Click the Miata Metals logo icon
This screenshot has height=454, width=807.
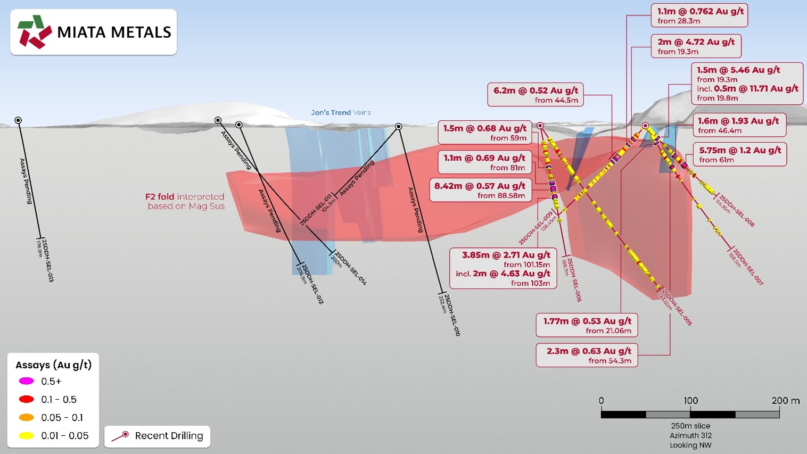tap(35, 32)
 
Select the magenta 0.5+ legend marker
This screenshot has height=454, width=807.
tap(27, 381)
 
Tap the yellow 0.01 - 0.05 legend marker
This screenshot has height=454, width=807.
tap(27, 435)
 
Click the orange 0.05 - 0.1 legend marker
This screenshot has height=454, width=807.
tap(27, 417)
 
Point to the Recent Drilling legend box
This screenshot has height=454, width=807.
tap(158, 436)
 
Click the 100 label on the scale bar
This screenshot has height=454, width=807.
tap(690, 400)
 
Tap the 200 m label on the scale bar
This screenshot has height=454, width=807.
tap(785, 400)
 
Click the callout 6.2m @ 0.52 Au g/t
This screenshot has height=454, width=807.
tap(536, 95)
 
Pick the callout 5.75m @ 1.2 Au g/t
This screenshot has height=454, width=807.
tap(739, 154)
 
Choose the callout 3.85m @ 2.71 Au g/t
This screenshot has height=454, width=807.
tap(503, 269)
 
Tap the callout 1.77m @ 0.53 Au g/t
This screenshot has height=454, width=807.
tap(587, 326)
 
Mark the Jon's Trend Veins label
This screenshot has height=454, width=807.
tap(341, 113)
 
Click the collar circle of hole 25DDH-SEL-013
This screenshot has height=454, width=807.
tap(18, 120)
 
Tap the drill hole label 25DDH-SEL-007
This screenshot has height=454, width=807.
tap(748, 267)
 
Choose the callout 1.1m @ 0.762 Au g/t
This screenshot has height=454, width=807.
tap(699, 15)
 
